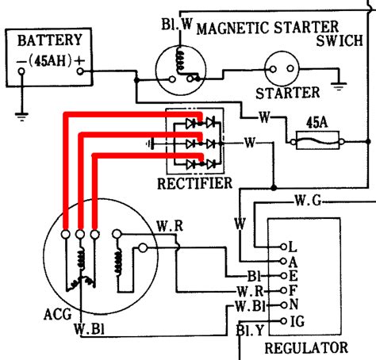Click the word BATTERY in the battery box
point(50,40)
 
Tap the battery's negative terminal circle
point(21,71)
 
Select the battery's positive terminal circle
point(80,71)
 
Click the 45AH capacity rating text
point(50,61)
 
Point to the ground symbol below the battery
point(21,117)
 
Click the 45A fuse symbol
point(317,141)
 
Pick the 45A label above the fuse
point(317,123)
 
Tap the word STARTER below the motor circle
point(287,93)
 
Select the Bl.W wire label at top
point(177,24)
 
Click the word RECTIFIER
point(194,183)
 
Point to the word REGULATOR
point(306,348)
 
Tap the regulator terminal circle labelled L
point(283,247)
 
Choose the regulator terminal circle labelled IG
point(283,321)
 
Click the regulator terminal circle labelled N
point(283,305)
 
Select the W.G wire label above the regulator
point(308,201)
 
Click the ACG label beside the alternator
point(58,314)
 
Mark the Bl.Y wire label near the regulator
point(250,331)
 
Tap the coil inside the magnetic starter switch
point(179,60)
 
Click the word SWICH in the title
point(340,40)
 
